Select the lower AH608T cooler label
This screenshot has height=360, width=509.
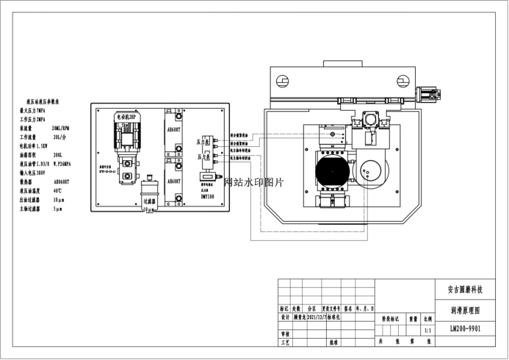(x=175, y=179)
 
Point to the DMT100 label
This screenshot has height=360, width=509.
(x=207, y=197)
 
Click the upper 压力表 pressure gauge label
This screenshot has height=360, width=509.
(x=203, y=140)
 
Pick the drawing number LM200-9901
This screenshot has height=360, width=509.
(x=464, y=328)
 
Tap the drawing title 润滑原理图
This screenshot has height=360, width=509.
(x=464, y=310)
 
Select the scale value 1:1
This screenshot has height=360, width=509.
(x=427, y=331)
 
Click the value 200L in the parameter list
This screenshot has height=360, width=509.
(x=58, y=154)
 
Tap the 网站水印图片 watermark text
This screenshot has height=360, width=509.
(x=253, y=181)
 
